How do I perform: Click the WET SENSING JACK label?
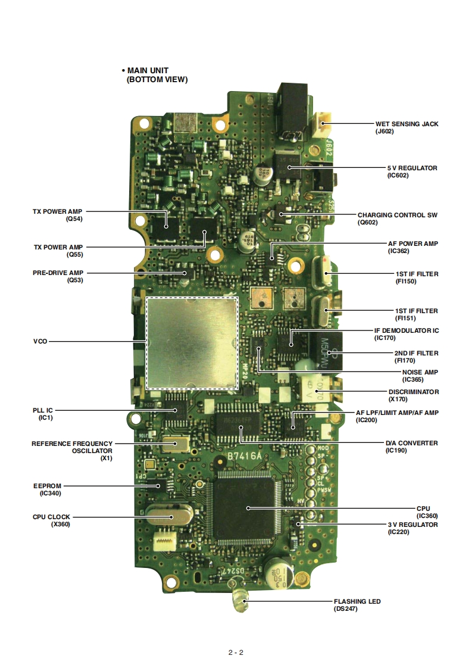click(407, 124)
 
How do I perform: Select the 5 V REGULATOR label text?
click(412, 168)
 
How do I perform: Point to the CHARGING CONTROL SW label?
click(397, 215)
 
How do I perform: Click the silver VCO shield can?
click(192, 342)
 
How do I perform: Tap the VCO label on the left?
click(40, 342)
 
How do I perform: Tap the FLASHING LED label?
click(357, 601)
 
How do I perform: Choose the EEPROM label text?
click(47, 486)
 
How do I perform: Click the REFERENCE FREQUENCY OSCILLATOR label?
click(71, 444)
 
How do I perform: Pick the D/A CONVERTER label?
click(411, 443)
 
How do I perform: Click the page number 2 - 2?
click(236, 652)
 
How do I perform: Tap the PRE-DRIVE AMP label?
click(58, 272)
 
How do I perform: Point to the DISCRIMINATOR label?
click(414, 392)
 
